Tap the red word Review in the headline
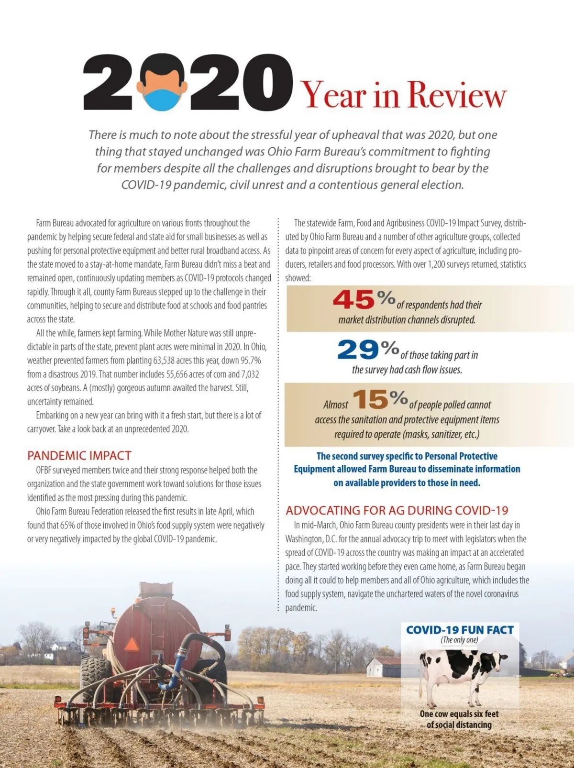point(456,95)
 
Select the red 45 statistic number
point(353,300)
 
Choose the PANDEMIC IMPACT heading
point(79,455)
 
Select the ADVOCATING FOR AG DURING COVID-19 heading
point(397,510)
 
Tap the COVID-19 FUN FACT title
point(460,630)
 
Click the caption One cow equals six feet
point(459,714)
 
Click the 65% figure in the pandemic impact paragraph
point(67,525)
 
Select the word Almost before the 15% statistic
point(335,405)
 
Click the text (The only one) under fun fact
point(459,640)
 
